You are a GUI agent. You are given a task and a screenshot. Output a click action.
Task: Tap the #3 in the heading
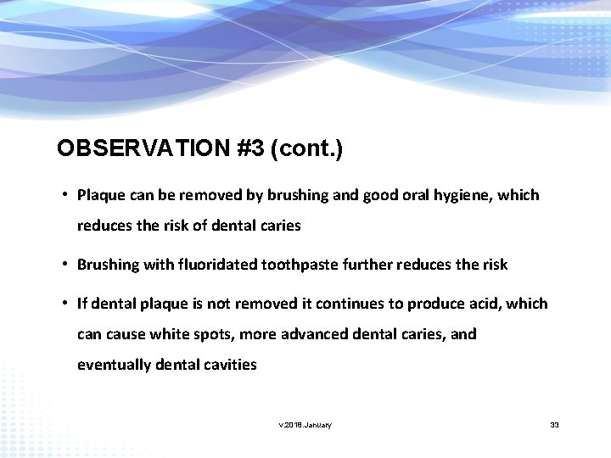pyautogui.click(x=251, y=148)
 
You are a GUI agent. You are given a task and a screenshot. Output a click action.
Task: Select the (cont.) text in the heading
pyautogui.click(x=306, y=148)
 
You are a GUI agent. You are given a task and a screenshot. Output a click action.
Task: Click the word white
pyautogui.click(x=172, y=334)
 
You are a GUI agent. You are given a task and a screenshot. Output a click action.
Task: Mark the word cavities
pyautogui.click(x=228, y=365)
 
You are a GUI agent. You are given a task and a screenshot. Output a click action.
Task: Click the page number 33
pyautogui.click(x=554, y=424)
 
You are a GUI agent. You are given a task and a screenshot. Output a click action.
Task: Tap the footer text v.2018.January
pyautogui.click(x=305, y=424)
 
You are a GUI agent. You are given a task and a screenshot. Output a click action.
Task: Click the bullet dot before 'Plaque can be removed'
pyautogui.click(x=64, y=195)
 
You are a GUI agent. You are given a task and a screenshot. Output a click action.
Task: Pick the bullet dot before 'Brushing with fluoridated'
pyautogui.click(x=64, y=264)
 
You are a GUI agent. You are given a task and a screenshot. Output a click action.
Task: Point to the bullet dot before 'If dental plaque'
pyautogui.click(x=64, y=303)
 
